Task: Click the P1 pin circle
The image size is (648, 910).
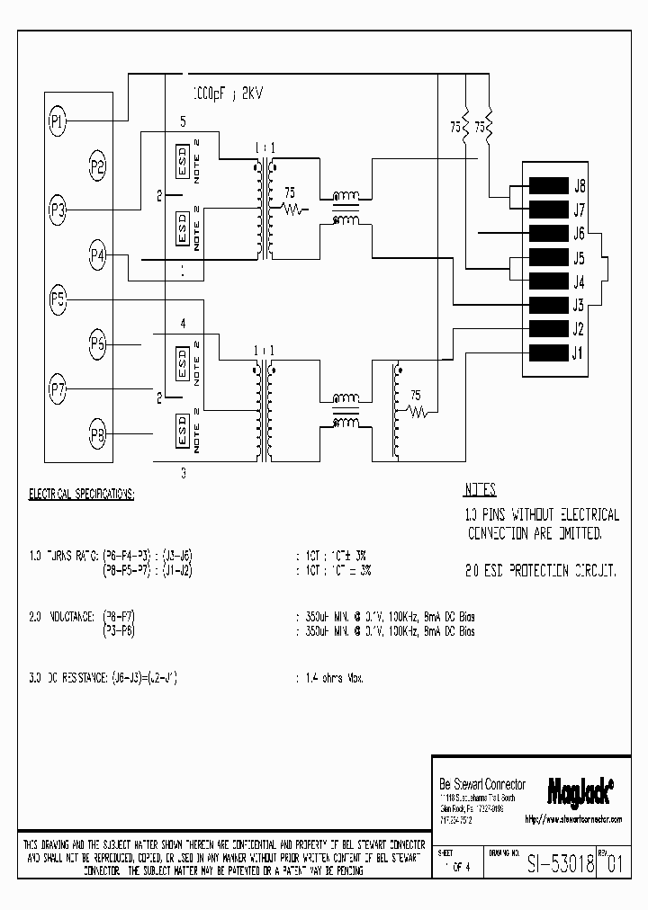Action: pyautogui.click(x=58, y=120)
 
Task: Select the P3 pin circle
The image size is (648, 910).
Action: pyautogui.click(x=58, y=210)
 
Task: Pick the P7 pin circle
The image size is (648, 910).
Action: pyautogui.click(x=58, y=390)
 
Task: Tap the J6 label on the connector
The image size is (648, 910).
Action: pyautogui.click(x=580, y=234)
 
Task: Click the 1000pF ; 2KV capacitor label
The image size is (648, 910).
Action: pyautogui.click(x=229, y=94)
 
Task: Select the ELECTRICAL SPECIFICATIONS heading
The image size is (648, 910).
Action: pyautogui.click(x=82, y=494)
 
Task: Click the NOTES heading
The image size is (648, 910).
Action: pyautogui.click(x=481, y=491)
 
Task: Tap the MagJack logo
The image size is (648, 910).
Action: pyautogui.click(x=580, y=789)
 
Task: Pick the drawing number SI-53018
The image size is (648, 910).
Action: pyautogui.click(x=559, y=864)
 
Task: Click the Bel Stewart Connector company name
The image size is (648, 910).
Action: pyautogui.click(x=481, y=784)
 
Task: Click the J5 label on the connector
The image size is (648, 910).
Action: pyautogui.click(x=580, y=258)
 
